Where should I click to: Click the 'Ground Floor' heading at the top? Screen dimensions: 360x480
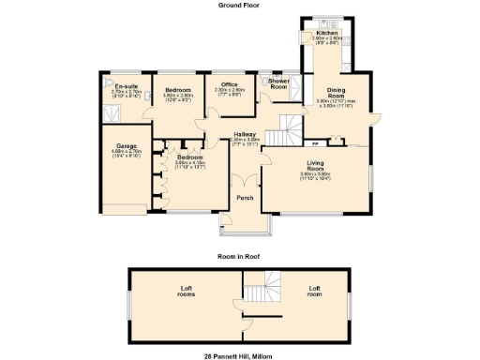[x=239, y=5]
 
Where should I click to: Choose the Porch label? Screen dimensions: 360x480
[x=245, y=198]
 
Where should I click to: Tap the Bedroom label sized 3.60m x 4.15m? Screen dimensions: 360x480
[x=190, y=157]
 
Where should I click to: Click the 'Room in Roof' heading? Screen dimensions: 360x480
[x=239, y=256]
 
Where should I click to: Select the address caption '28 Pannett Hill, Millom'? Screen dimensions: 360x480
[x=239, y=356]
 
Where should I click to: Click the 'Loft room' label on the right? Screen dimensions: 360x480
[x=314, y=290]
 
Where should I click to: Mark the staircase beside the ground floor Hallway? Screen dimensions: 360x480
[x=284, y=131]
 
